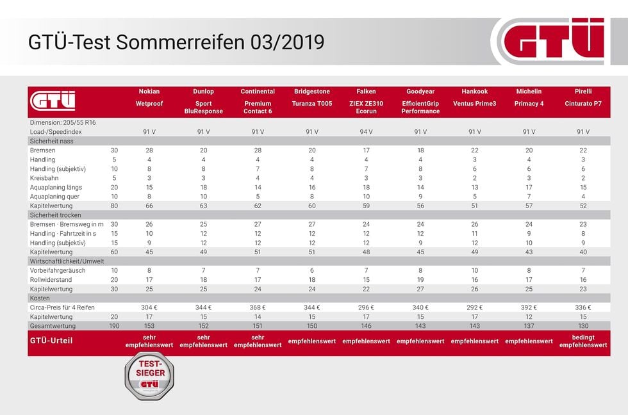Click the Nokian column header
[149, 92]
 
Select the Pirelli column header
[583, 92]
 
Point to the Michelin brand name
[529, 92]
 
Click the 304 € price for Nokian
[149, 307]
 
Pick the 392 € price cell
[529, 307]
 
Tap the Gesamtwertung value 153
[149, 325]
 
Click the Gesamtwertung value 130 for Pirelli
[583, 325]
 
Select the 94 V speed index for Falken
[367, 131]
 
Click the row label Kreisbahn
[44, 177]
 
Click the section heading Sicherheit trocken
[56, 215]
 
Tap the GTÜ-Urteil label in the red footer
[51, 341]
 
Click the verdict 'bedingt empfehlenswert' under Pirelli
[583, 341]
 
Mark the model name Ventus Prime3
[475, 103]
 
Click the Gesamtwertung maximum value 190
[114, 325]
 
